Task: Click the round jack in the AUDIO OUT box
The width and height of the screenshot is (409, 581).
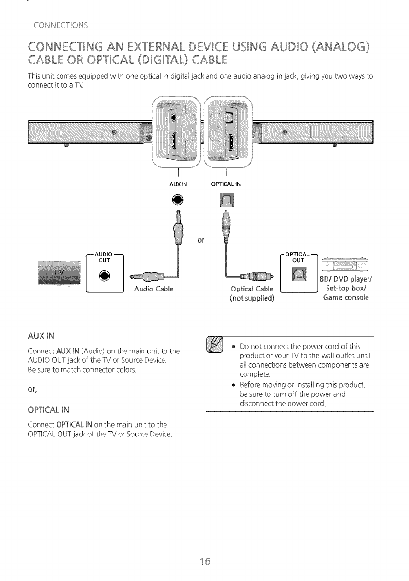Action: point(106,276)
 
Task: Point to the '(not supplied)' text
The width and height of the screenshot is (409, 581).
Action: point(251,299)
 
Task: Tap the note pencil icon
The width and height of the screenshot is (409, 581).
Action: point(216,345)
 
